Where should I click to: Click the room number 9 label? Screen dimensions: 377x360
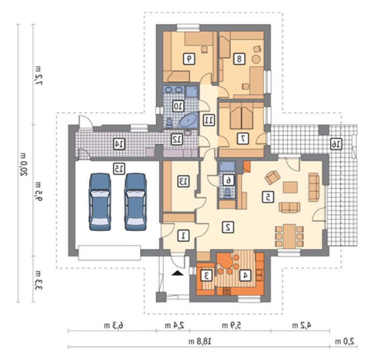coord(189,59)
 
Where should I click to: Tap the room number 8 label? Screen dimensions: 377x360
coord(239,59)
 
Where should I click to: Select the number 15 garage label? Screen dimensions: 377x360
coord(119,169)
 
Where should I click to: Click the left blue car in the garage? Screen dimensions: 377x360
coord(100,202)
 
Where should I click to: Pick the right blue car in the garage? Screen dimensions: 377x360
coord(135,202)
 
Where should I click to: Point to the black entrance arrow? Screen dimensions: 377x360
coord(177,273)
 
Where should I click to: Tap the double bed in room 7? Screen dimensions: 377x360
coord(242,116)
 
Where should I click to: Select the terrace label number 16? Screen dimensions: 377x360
coord(336,144)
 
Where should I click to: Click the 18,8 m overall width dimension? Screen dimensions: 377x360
coord(200,341)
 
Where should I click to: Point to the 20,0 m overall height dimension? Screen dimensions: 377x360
coord(24,164)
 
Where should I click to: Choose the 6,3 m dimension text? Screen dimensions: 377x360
coord(114,326)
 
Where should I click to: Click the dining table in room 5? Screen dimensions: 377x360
coord(289,237)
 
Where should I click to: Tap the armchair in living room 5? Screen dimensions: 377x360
coord(273,177)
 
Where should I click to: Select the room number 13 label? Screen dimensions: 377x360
coord(184,182)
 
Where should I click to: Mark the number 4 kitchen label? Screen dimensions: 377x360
coord(245,275)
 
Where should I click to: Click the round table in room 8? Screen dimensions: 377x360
coord(256,59)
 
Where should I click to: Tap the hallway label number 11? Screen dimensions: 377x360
coord(209,120)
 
